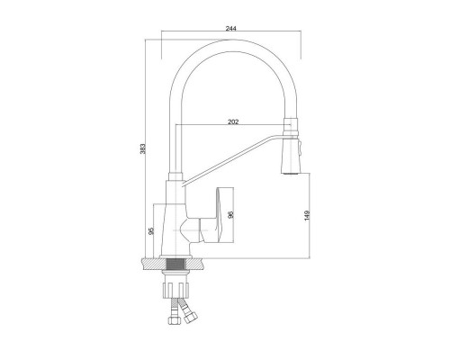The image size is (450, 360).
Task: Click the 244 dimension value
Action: [x=231, y=29]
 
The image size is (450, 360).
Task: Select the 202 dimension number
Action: [x=233, y=121]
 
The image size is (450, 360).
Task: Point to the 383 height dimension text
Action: [x=143, y=148]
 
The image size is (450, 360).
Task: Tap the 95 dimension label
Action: [x=151, y=230]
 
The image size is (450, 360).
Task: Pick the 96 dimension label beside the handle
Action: [x=230, y=215]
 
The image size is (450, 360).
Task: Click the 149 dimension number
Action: [x=307, y=216]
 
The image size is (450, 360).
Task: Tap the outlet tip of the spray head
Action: [x=291, y=172]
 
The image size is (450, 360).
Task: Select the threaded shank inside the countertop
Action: [x=175, y=265]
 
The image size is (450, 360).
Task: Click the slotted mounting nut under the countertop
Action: [x=175, y=290]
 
